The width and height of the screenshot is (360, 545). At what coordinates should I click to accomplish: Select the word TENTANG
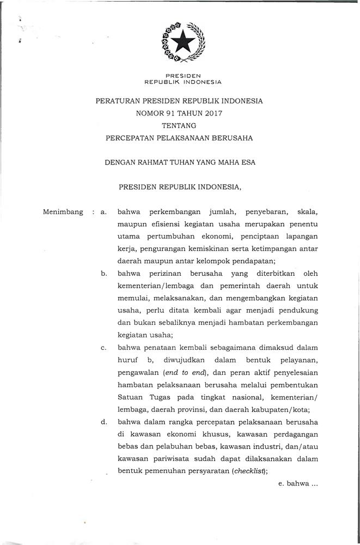[179, 125]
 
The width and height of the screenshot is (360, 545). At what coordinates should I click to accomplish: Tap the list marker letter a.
[103, 211]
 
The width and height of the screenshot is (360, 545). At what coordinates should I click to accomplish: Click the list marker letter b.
[103, 273]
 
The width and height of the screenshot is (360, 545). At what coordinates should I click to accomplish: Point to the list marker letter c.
[103, 348]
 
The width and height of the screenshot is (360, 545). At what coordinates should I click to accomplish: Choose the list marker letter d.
[103, 422]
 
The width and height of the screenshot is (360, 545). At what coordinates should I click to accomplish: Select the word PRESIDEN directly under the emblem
[183, 75]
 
